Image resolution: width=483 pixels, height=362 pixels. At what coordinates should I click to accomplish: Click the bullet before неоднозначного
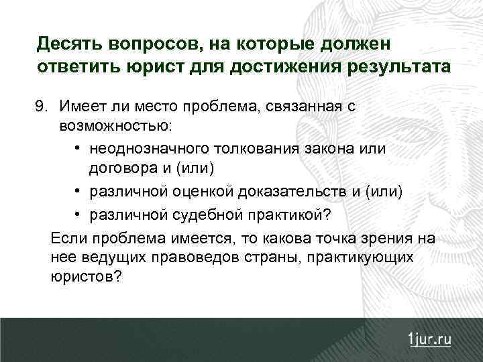click(78, 147)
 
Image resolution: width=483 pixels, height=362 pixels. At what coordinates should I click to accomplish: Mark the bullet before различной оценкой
click(78, 192)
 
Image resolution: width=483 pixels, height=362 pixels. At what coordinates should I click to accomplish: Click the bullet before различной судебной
click(78, 214)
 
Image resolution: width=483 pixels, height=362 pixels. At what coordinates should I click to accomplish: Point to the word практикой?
click(294, 214)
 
